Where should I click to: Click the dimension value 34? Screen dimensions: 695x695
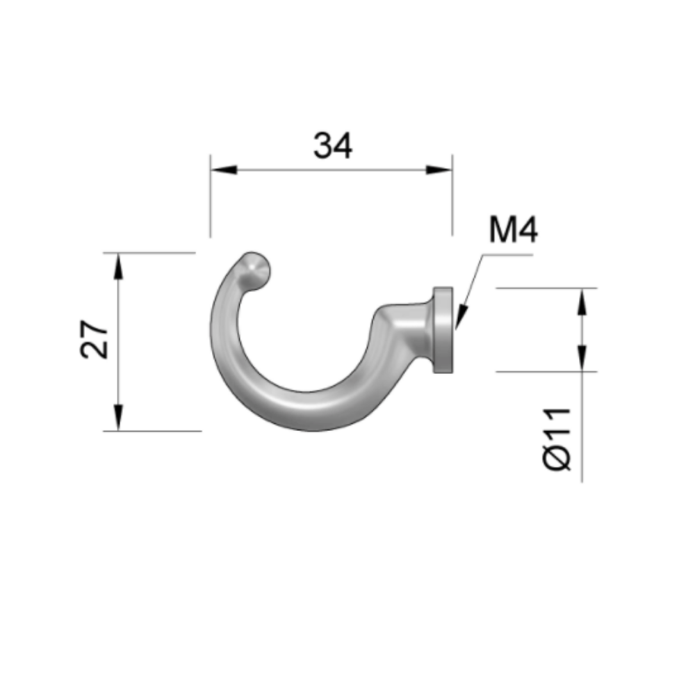click(x=332, y=146)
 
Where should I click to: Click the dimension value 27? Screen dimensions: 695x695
click(x=95, y=339)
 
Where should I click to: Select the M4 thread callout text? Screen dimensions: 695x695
click(x=513, y=230)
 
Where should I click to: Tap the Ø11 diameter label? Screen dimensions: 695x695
click(x=557, y=439)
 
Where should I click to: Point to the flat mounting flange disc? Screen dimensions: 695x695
click(x=443, y=330)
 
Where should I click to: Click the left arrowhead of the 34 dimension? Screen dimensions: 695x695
click(x=224, y=170)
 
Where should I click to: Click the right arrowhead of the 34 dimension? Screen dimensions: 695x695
click(x=439, y=170)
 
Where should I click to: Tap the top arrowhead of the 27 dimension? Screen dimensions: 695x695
click(x=119, y=265)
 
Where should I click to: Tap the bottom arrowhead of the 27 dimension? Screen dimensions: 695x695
click(x=119, y=418)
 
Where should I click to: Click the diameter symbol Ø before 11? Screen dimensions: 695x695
click(x=557, y=459)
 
